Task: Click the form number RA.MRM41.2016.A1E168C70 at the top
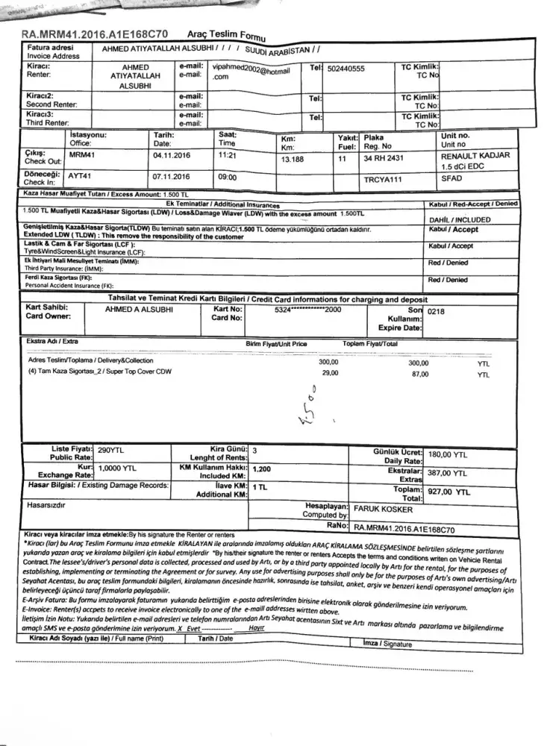(x=95, y=34)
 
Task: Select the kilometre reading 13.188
(x=294, y=159)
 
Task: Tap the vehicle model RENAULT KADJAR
(x=475, y=156)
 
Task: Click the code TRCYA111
(x=383, y=181)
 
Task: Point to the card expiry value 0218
(x=437, y=313)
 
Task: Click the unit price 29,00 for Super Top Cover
(x=329, y=372)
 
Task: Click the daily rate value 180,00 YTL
(x=448, y=454)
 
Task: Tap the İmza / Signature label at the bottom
(x=387, y=643)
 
